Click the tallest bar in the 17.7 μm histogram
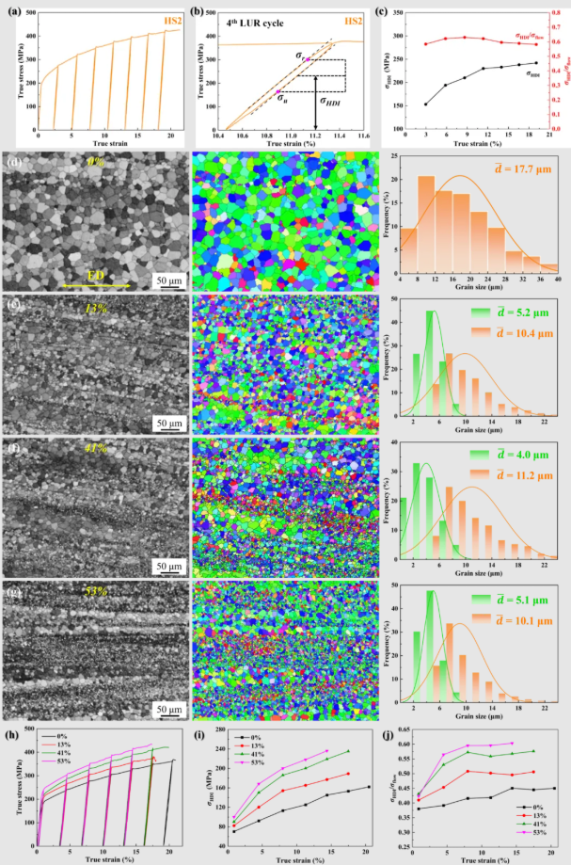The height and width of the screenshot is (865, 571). pyautogui.click(x=426, y=216)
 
